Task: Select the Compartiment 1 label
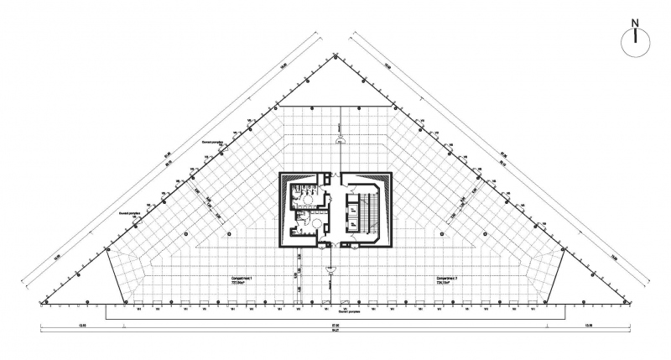(x=242, y=278)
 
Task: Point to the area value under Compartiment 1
(x=242, y=284)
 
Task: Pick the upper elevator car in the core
(x=353, y=201)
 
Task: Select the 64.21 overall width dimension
(x=335, y=330)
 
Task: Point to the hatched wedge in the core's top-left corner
(x=285, y=178)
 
